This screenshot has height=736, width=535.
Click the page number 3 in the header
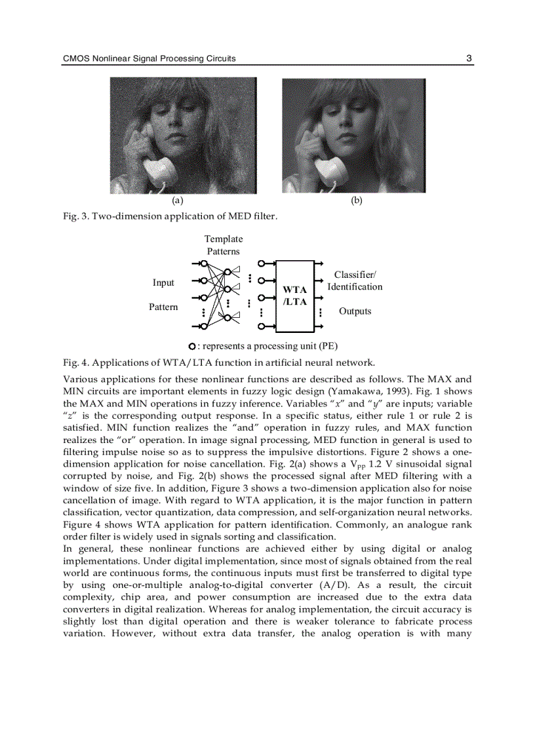[469, 58]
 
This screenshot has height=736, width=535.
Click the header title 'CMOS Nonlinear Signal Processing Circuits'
[149, 59]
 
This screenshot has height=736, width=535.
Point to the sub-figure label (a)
[177, 201]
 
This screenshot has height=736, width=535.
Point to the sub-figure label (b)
[356, 201]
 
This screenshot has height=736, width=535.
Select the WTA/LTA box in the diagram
[295, 296]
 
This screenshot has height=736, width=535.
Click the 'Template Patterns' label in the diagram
[224, 245]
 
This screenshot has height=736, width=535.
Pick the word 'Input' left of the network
[163, 282]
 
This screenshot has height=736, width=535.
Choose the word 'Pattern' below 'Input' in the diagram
[163, 307]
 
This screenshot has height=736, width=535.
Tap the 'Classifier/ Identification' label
[355, 281]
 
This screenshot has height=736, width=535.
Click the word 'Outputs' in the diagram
[355, 311]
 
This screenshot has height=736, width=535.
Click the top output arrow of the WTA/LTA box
[319, 263]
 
